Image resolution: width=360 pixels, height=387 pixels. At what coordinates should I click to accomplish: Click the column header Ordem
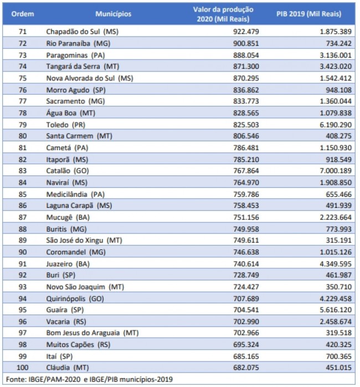click(x=23, y=14)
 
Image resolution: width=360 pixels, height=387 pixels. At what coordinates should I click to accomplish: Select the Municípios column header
click(x=114, y=14)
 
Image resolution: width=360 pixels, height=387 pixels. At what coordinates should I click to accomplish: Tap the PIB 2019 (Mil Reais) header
click(x=308, y=14)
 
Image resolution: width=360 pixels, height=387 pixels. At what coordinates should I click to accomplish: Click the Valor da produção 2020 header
click(x=223, y=14)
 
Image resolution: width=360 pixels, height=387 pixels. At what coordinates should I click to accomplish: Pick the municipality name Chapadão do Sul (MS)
click(x=83, y=32)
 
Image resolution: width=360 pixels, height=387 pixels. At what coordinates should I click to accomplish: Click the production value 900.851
click(x=246, y=43)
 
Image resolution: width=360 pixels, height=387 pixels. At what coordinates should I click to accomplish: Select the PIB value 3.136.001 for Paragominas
click(x=336, y=55)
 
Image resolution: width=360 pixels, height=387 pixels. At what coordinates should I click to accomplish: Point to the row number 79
click(x=23, y=125)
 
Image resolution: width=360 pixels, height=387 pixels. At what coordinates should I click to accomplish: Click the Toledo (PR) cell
click(x=65, y=125)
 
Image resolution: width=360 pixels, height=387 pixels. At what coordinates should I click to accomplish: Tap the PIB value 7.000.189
click(x=336, y=171)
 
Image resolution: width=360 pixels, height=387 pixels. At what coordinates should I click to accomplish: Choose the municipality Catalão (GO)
click(x=68, y=171)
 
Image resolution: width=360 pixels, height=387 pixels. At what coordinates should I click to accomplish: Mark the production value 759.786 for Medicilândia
click(x=246, y=194)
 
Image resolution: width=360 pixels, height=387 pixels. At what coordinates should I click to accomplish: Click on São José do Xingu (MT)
click(x=84, y=240)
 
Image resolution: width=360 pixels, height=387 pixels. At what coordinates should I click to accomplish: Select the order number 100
click(x=23, y=368)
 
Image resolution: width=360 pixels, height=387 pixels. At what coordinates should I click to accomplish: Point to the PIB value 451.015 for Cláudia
click(x=338, y=368)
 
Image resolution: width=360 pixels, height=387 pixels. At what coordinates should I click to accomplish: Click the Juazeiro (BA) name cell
click(x=68, y=264)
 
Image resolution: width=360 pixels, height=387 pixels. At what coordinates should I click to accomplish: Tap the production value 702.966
click(x=246, y=333)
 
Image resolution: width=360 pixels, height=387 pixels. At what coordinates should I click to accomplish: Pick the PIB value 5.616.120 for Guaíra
click(x=336, y=310)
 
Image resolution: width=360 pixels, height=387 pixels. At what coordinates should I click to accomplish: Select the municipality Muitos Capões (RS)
click(x=78, y=344)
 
